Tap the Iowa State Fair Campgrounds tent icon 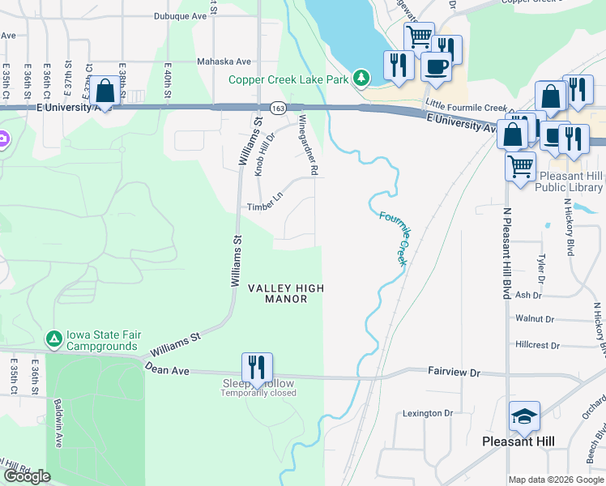[x=53, y=339]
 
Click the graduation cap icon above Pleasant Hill [x=524, y=417]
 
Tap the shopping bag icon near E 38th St [x=105, y=92]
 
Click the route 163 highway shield [x=278, y=107]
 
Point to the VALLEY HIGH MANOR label [x=286, y=293]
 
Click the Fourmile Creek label [x=392, y=239]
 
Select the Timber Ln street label [x=265, y=207]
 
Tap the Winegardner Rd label [x=307, y=144]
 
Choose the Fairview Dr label [x=454, y=371]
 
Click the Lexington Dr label [x=427, y=413]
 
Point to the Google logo [x=27, y=476]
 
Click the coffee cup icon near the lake [x=436, y=69]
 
